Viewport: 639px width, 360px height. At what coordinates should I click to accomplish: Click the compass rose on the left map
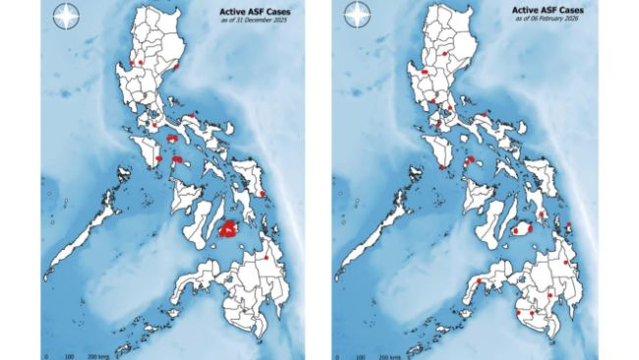coord(65,17)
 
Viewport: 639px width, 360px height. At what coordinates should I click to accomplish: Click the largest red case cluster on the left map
coord(229,229)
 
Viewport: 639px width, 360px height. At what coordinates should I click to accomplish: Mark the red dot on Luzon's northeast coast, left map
coord(175,67)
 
